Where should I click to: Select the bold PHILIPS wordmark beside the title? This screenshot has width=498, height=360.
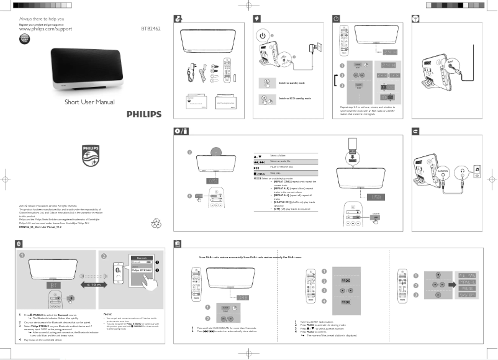[x=144, y=114]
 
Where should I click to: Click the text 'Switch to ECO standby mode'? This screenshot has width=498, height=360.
[x=294, y=98]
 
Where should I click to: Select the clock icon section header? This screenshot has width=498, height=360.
[x=336, y=19]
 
